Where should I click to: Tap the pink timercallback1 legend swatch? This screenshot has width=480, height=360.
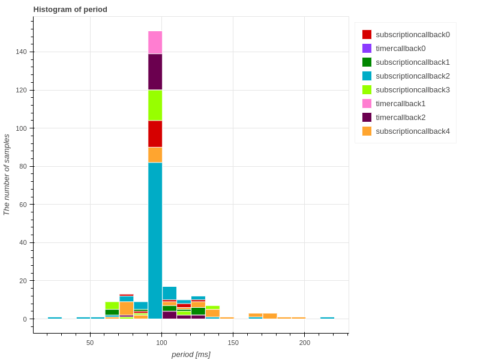(367, 104)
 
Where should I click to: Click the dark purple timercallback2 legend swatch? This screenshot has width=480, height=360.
(367, 118)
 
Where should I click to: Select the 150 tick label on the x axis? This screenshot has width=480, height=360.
(233, 343)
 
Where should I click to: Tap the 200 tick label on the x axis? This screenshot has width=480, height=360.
(305, 343)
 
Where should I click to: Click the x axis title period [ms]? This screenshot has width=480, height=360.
(191, 355)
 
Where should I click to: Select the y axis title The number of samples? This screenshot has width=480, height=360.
(7, 174)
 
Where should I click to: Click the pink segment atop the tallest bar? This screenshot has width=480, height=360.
(155, 43)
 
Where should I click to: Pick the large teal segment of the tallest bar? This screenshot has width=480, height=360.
(155, 240)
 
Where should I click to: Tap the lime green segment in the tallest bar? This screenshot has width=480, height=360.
(155, 106)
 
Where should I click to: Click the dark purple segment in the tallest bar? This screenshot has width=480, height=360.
(155, 72)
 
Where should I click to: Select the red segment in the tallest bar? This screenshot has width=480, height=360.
(155, 134)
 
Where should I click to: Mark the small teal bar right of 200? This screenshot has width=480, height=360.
(327, 318)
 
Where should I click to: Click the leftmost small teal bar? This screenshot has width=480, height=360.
(55, 318)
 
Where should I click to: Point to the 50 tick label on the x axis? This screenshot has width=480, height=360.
(90, 343)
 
